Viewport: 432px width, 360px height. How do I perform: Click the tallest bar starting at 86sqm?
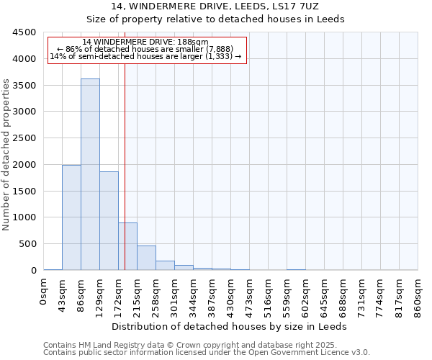(90, 174)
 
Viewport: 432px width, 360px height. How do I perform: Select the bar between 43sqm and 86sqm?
(71, 217)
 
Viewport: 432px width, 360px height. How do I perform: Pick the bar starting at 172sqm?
(127, 246)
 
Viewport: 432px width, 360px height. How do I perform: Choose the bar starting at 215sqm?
(146, 258)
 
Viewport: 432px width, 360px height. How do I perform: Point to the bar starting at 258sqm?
(165, 265)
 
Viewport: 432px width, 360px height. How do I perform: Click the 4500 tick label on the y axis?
(24, 32)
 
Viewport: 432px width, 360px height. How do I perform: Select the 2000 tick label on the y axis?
(24, 165)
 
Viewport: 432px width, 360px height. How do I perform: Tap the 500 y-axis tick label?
(27, 244)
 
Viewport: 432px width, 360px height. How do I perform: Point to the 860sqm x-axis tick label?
(418, 296)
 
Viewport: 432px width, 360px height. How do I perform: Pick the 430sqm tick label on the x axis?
(231, 296)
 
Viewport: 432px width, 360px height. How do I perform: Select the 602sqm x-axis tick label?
(306, 296)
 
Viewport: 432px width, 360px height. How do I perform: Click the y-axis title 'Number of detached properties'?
(7, 155)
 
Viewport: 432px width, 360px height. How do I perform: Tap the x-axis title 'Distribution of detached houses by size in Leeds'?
(230, 326)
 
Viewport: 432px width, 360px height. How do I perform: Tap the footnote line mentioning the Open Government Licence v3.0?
(207, 353)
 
